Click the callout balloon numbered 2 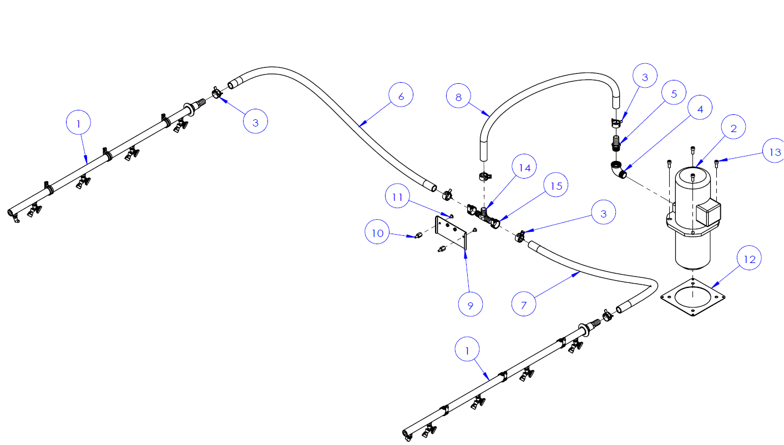tap(734, 129)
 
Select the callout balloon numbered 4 tap(700, 109)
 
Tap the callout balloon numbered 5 tap(674, 94)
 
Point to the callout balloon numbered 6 tap(401, 96)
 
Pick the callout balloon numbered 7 tap(524, 304)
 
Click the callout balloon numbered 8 tap(459, 97)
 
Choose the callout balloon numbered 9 tap(471, 304)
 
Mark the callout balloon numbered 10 tap(377, 233)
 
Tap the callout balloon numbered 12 tap(750, 259)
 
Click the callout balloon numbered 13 tap(775, 151)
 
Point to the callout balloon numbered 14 tap(524, 168)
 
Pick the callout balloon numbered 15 tap(556, 186)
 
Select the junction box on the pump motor tap(708, 211)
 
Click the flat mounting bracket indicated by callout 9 tap(451, 232)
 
